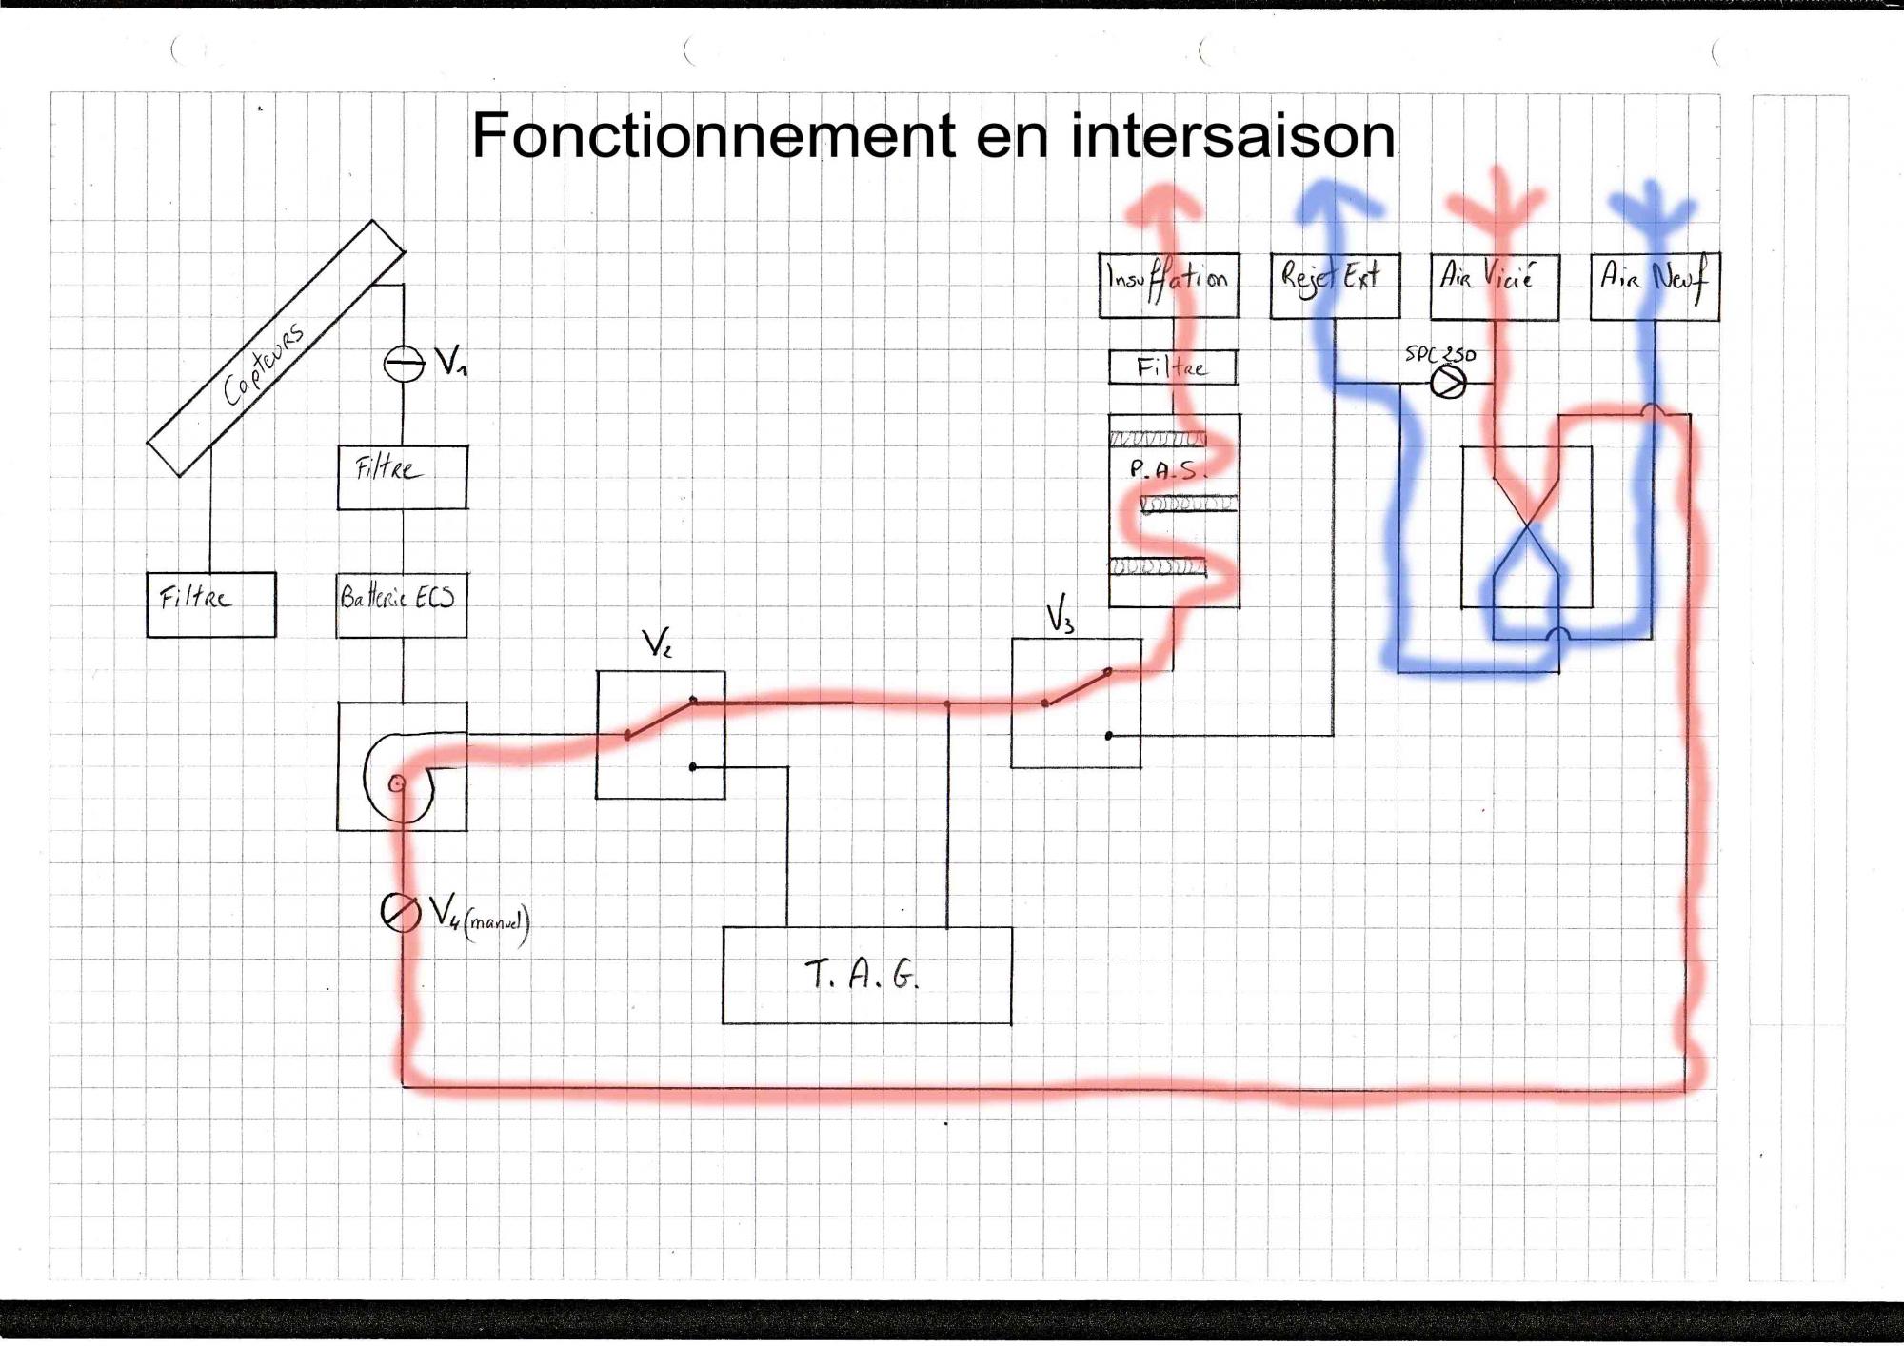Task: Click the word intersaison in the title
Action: point(1233,136)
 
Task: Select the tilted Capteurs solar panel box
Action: point(276,348)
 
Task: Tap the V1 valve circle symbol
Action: point(403,364)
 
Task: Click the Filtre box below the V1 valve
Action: point(402,477)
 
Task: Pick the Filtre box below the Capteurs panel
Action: point(211,604)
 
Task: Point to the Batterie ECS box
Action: point(402,604)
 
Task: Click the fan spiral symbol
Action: point(398,776)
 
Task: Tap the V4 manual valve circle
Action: point(400,912)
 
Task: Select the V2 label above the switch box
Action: point(657,644)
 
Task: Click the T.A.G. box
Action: point(866,976)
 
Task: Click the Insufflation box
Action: point(1169,285)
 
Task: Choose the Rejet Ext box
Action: point(1335,286)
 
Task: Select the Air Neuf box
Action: point(1655,286)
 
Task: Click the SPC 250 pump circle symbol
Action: point(1448,383)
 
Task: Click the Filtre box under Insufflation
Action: point(1173,367)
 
